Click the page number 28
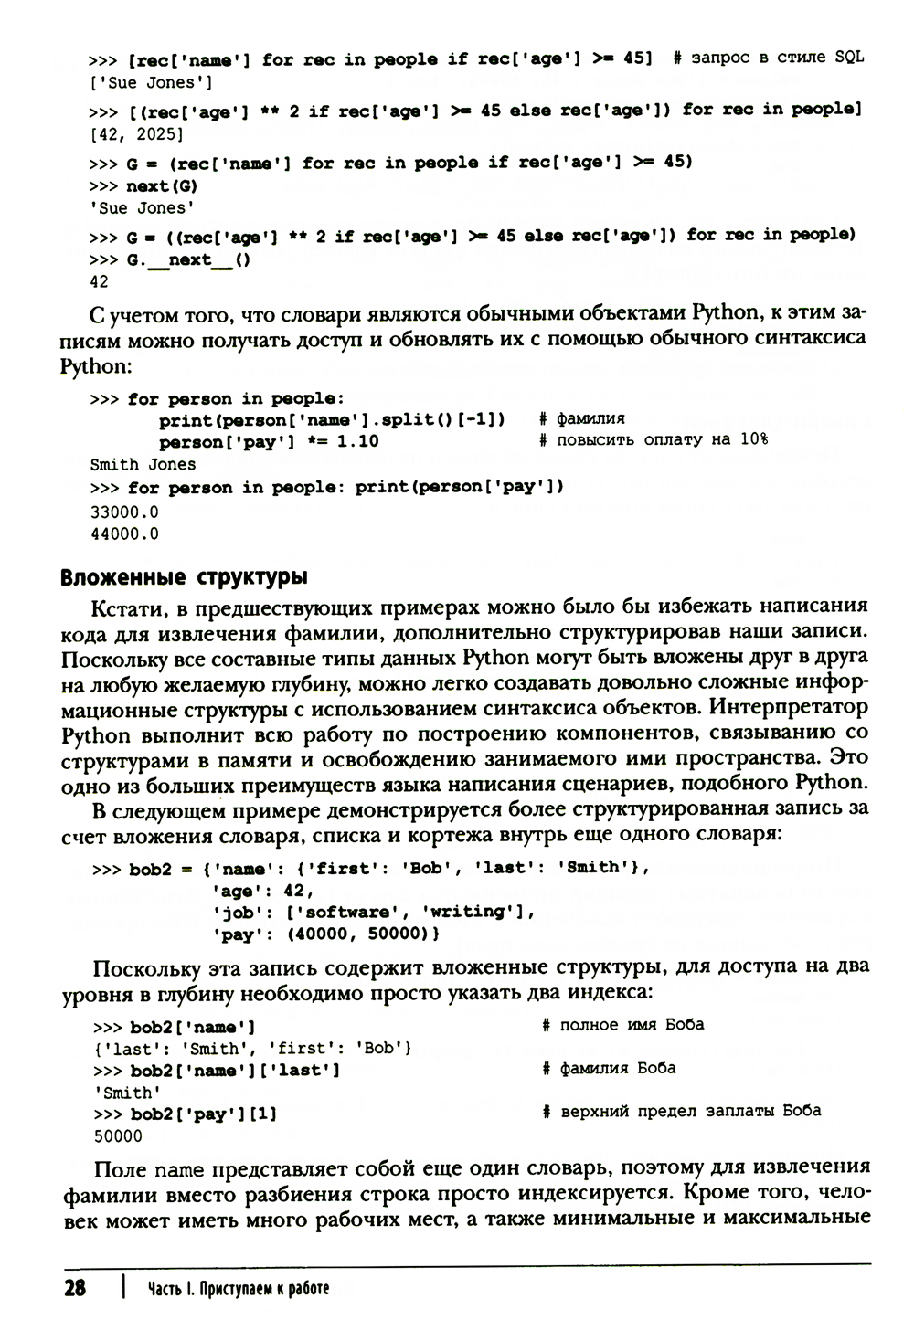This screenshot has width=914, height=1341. pos(74,1288)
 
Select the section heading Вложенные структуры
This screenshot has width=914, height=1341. pos(183,578)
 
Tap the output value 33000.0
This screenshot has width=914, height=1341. pos(124,512)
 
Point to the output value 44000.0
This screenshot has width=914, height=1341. pos(124,534)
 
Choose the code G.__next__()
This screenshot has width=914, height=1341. pos(188,260)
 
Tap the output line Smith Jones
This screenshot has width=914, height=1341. pos(143,464)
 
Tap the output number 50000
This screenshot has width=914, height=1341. pos(118,1137)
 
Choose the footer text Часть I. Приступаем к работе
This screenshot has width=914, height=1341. pos(238,1289)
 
